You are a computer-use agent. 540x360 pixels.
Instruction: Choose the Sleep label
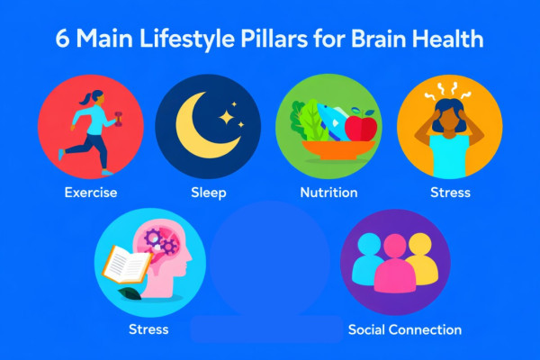point(208,193)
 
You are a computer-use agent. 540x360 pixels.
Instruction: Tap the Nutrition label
point(328,193)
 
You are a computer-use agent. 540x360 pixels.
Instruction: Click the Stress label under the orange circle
point(450,193)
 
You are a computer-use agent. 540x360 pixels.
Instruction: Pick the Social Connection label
point(404,329)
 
